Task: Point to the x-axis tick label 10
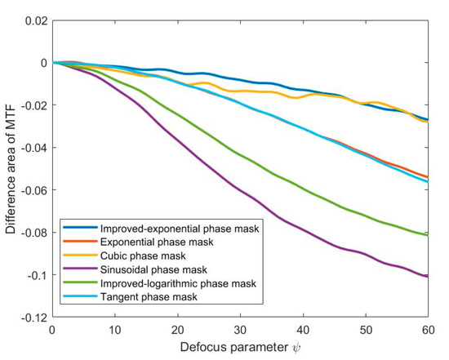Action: click(x=114, y=330)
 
